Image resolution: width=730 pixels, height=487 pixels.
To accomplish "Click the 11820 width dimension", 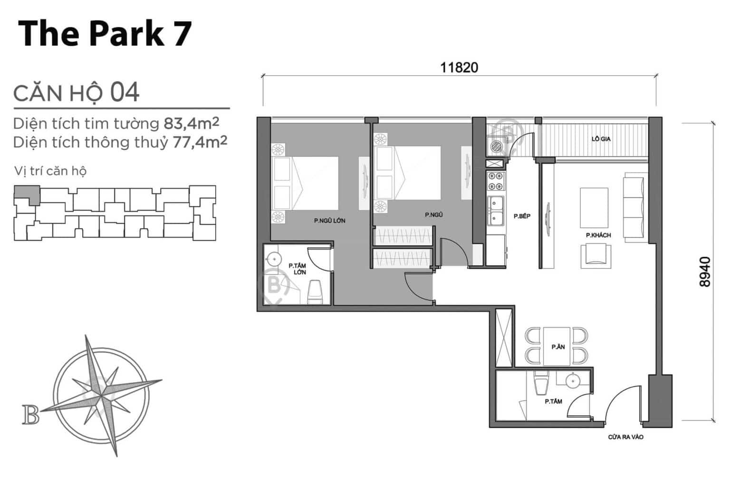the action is point(459,68).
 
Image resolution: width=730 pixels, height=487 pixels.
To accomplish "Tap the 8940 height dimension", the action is point(705,272).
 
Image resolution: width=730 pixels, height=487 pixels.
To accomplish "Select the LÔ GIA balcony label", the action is point(601,139).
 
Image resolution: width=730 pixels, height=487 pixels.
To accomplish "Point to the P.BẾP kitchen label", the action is point(522,216).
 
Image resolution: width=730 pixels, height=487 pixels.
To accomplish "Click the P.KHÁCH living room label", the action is point(598,235).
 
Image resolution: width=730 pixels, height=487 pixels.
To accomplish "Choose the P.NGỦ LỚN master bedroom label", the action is point(329,221).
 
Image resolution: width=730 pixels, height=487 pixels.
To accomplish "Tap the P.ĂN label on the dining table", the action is point(558,347).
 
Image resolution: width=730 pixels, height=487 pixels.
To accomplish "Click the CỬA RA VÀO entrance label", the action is point(626,437).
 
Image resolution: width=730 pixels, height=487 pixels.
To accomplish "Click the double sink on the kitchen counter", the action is point(495,210).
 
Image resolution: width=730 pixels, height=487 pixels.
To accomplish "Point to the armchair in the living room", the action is point(596,257).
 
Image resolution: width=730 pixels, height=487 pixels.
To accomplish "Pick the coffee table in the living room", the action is point(594,208).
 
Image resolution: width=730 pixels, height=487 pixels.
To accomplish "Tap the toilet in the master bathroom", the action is point(315,292).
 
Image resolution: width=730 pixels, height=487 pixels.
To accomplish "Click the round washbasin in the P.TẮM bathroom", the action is point(573,381).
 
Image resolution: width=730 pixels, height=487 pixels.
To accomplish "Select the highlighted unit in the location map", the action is point(28,194).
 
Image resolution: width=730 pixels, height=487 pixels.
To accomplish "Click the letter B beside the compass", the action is point(30,415).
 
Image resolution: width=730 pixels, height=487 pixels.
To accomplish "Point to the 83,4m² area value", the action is point(192,123).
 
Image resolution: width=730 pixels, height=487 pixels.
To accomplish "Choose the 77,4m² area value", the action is point(200,142).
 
